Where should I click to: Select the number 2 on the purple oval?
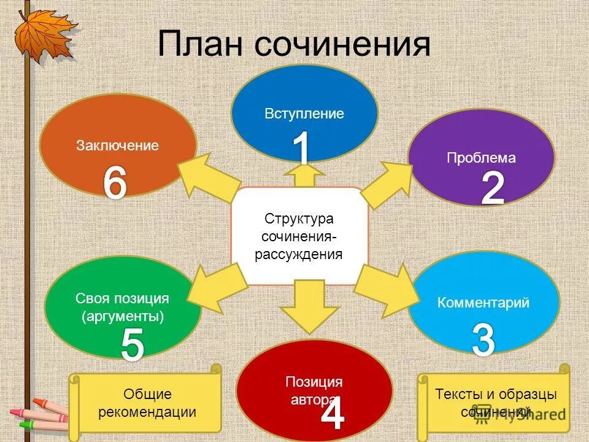492,188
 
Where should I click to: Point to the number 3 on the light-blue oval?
483,339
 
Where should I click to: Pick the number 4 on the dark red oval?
332,414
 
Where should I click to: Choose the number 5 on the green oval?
132,344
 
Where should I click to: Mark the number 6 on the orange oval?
115,182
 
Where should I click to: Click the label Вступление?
304,114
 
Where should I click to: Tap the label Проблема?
481,158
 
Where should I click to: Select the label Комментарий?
483,303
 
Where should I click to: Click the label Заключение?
117,145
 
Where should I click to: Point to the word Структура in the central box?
299,219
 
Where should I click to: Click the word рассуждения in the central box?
299,254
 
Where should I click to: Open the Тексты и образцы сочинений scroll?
495,402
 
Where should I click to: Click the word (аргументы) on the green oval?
123,317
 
